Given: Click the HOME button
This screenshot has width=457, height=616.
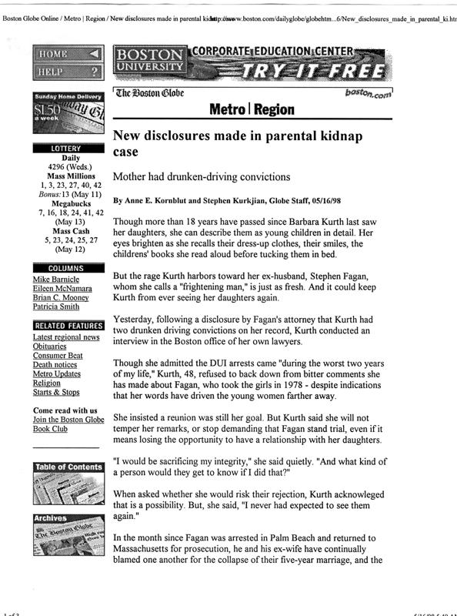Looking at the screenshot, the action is click(68, 54).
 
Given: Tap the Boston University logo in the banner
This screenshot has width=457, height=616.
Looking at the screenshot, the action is click(149, 62).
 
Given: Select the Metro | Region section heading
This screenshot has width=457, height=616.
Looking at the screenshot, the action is click(252, 109).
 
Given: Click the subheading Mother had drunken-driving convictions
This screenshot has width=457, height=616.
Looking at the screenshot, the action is click(202, 176).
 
